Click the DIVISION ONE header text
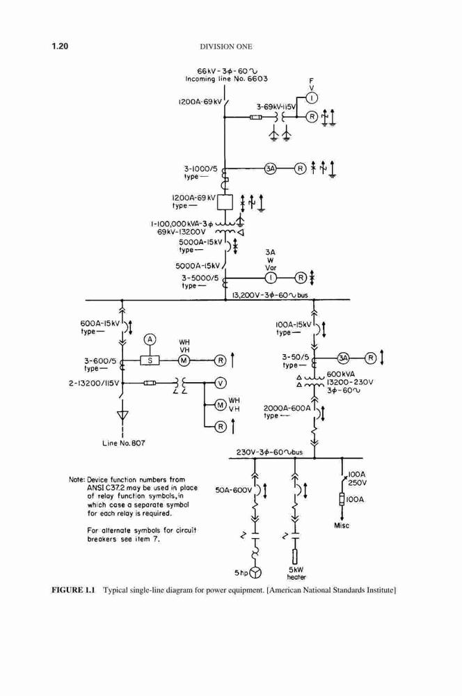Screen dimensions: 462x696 coord(226,47)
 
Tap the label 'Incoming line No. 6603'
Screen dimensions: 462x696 coord(226,79)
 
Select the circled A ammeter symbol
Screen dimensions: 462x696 coord(150,340)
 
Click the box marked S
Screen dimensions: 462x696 coord(150,361)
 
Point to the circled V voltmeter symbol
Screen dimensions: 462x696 coord(220,383)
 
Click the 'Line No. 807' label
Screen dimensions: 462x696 coord(123,443)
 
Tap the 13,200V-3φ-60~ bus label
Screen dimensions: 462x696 coord(270,294)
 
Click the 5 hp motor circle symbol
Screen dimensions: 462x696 coord(255,573)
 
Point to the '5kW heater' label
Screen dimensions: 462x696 coord(296,573)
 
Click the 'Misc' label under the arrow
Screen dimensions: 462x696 coord(342,525)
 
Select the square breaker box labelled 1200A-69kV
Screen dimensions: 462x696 coord(225,203)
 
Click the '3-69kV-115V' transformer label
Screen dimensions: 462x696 coord(276,107)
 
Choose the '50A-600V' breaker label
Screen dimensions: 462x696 coord(234,489)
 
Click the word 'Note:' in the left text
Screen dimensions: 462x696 coord(77,480)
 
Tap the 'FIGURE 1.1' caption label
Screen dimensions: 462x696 coord(74,590)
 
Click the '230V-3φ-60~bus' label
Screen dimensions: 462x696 coord(269,452)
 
